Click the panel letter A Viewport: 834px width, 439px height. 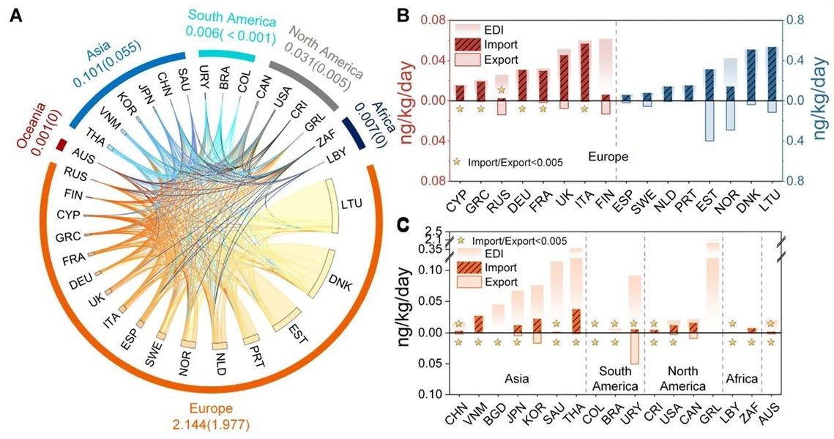[15, 15]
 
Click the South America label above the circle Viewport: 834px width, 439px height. [229, 17]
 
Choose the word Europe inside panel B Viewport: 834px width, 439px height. [609, 156]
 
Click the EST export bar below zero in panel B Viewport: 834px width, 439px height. [709, 120]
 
